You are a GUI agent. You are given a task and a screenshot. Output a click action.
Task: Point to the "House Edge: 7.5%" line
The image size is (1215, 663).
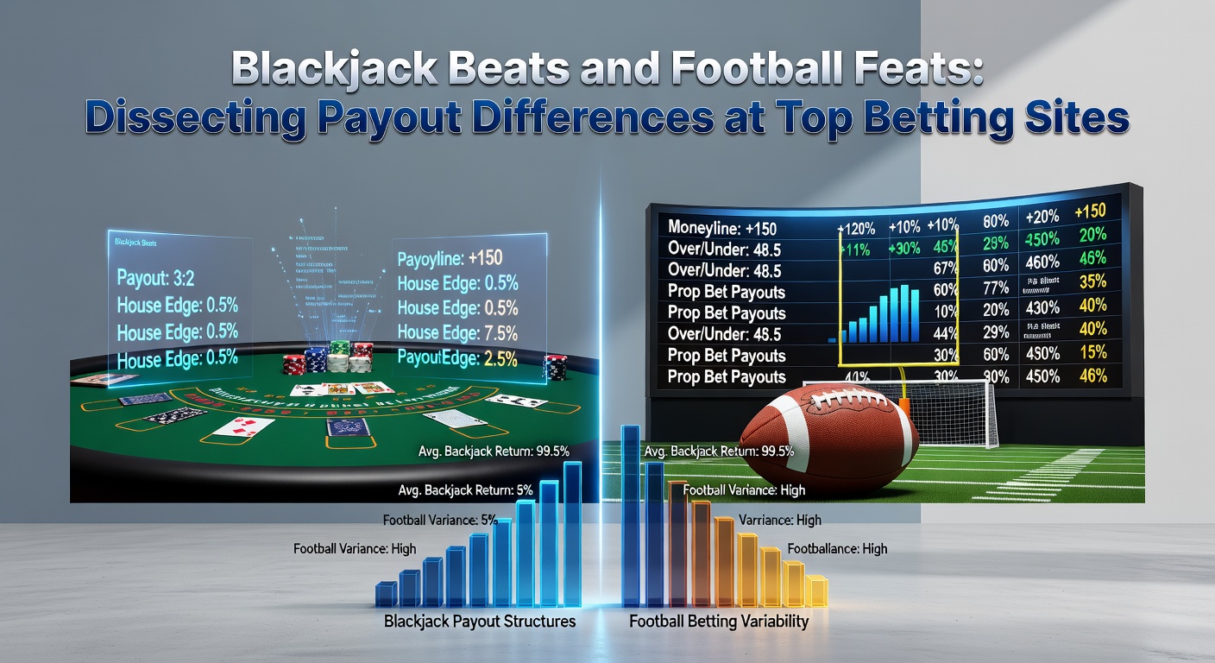pos(457,332)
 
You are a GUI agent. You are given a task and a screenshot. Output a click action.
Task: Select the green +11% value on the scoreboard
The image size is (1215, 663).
pos(854,249)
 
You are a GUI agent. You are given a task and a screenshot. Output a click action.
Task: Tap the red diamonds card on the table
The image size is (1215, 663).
pos(244,426)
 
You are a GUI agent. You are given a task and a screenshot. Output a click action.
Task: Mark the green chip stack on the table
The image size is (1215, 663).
pos(339,356)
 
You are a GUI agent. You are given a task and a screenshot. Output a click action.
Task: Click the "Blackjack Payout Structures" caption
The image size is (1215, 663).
pos(479,621)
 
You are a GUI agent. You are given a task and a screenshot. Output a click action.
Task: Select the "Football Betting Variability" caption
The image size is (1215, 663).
pos(718,621)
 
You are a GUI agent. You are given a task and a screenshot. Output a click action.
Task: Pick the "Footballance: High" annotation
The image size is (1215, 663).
pos(837,548)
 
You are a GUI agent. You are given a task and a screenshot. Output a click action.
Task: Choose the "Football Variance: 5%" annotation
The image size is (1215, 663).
pos(440,521)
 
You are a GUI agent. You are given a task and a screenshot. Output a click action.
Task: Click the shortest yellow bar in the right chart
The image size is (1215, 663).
pos(817,591)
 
